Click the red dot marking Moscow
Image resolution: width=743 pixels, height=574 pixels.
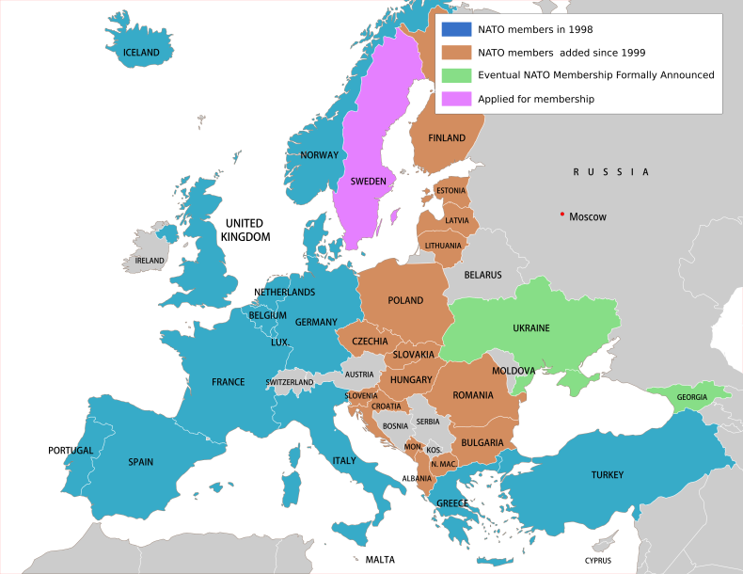[562, 215]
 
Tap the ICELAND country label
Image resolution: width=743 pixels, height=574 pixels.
[142, 53]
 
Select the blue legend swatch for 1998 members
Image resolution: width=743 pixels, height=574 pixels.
[457, 30]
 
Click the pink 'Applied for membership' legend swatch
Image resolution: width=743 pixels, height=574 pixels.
[457, 98]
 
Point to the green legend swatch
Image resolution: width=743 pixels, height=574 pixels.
[457, 75]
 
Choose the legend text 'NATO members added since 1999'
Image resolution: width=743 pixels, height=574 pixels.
[561, 53]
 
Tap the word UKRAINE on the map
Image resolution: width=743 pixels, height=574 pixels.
[530, 327]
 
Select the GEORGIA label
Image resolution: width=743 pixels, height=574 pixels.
[691, 397]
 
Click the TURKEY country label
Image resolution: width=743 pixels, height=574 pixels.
[607, 475]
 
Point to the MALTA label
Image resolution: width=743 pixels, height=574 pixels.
[380, 560]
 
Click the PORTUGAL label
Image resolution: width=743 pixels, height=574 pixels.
[71, 451]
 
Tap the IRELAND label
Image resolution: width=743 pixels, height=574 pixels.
[150, 261]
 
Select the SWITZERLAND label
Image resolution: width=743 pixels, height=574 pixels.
[290, 382]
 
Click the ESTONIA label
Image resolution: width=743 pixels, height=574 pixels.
[451, 191]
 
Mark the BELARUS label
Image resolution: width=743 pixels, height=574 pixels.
[482, 275]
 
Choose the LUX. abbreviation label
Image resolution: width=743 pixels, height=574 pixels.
[279, 343]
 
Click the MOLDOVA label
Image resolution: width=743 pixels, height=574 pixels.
[514, 371]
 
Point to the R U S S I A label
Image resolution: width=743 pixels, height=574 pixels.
[611, 172]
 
